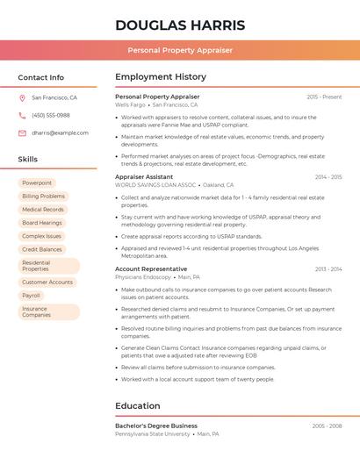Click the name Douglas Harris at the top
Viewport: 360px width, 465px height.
[x=180, y=25]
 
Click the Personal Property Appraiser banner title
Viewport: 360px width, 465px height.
[x=180, y=50]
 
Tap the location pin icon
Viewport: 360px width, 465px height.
[x=22, y=98]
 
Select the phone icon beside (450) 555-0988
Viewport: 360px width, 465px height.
[x=22, y=116]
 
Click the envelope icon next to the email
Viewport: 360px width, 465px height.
[x=22, y=133]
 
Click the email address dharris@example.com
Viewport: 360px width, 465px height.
[x=60, y=133]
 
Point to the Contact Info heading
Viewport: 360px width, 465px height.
[x=41, y=77]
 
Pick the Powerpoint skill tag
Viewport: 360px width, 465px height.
[x=37, y=183]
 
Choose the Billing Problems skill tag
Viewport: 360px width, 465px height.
[x=44, y=197]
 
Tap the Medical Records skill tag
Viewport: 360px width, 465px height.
[x=43, y=210]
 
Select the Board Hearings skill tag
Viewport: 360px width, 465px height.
[x=42, y=223]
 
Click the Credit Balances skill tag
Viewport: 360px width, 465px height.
[x=42, y=249]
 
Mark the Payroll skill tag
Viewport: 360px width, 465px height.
[x=32, y=296]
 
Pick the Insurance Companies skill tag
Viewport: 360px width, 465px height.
[x=36, y=311]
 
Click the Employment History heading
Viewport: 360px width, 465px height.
[x=161, y=77]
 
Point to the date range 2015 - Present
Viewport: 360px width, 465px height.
[x=324, y=97]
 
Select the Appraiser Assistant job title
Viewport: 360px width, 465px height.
[x=144, y=177]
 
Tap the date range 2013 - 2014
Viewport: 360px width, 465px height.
[x=328, y=269]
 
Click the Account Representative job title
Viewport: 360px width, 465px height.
[x=151, y=269]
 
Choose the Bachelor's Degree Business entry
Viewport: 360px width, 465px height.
[x=156, y=426]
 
